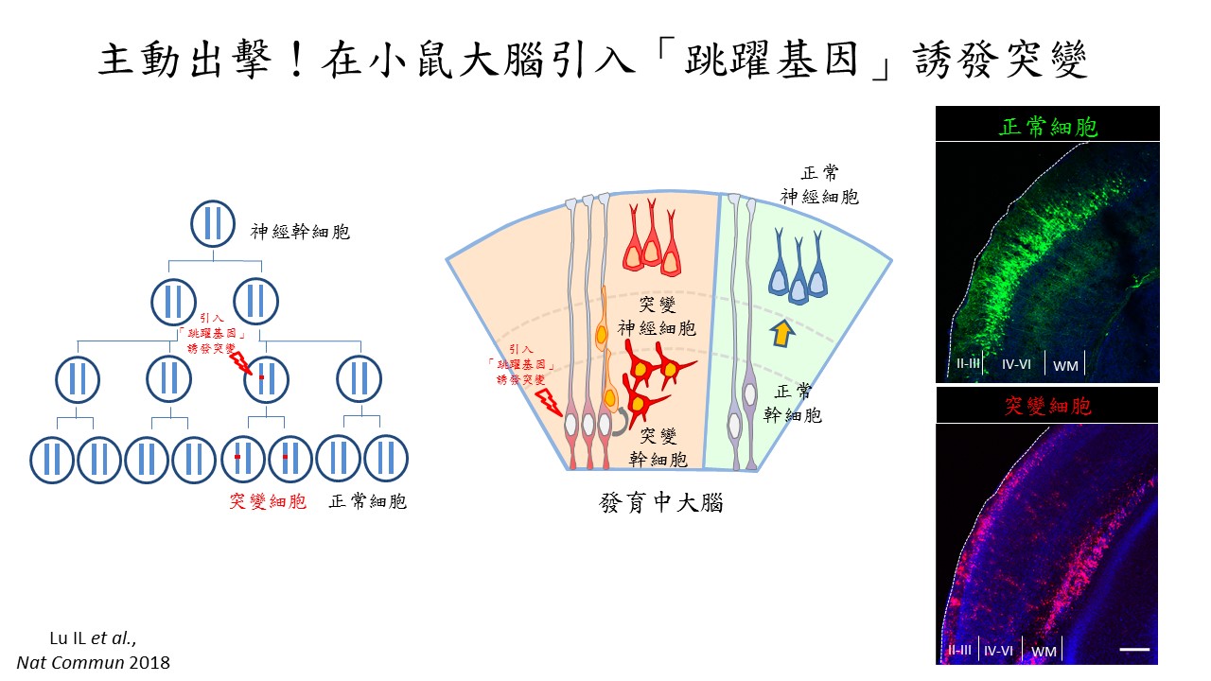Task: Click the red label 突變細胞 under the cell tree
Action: tap(268, 501)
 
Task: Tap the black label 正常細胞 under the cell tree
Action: tap(367, 501)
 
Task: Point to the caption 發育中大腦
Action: tap(661, 502)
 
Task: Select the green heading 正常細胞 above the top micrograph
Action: tap(1047, 127)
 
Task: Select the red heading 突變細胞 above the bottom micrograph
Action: tap(1047, 407)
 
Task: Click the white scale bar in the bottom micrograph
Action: tap(1134, 650)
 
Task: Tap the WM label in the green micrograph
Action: tap(1064, 364)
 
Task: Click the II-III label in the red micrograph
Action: tap(958, 651)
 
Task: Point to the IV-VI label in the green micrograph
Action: tap(1016, 364)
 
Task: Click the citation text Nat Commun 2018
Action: tap(93, 662)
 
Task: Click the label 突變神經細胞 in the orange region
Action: tap(657, 317)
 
